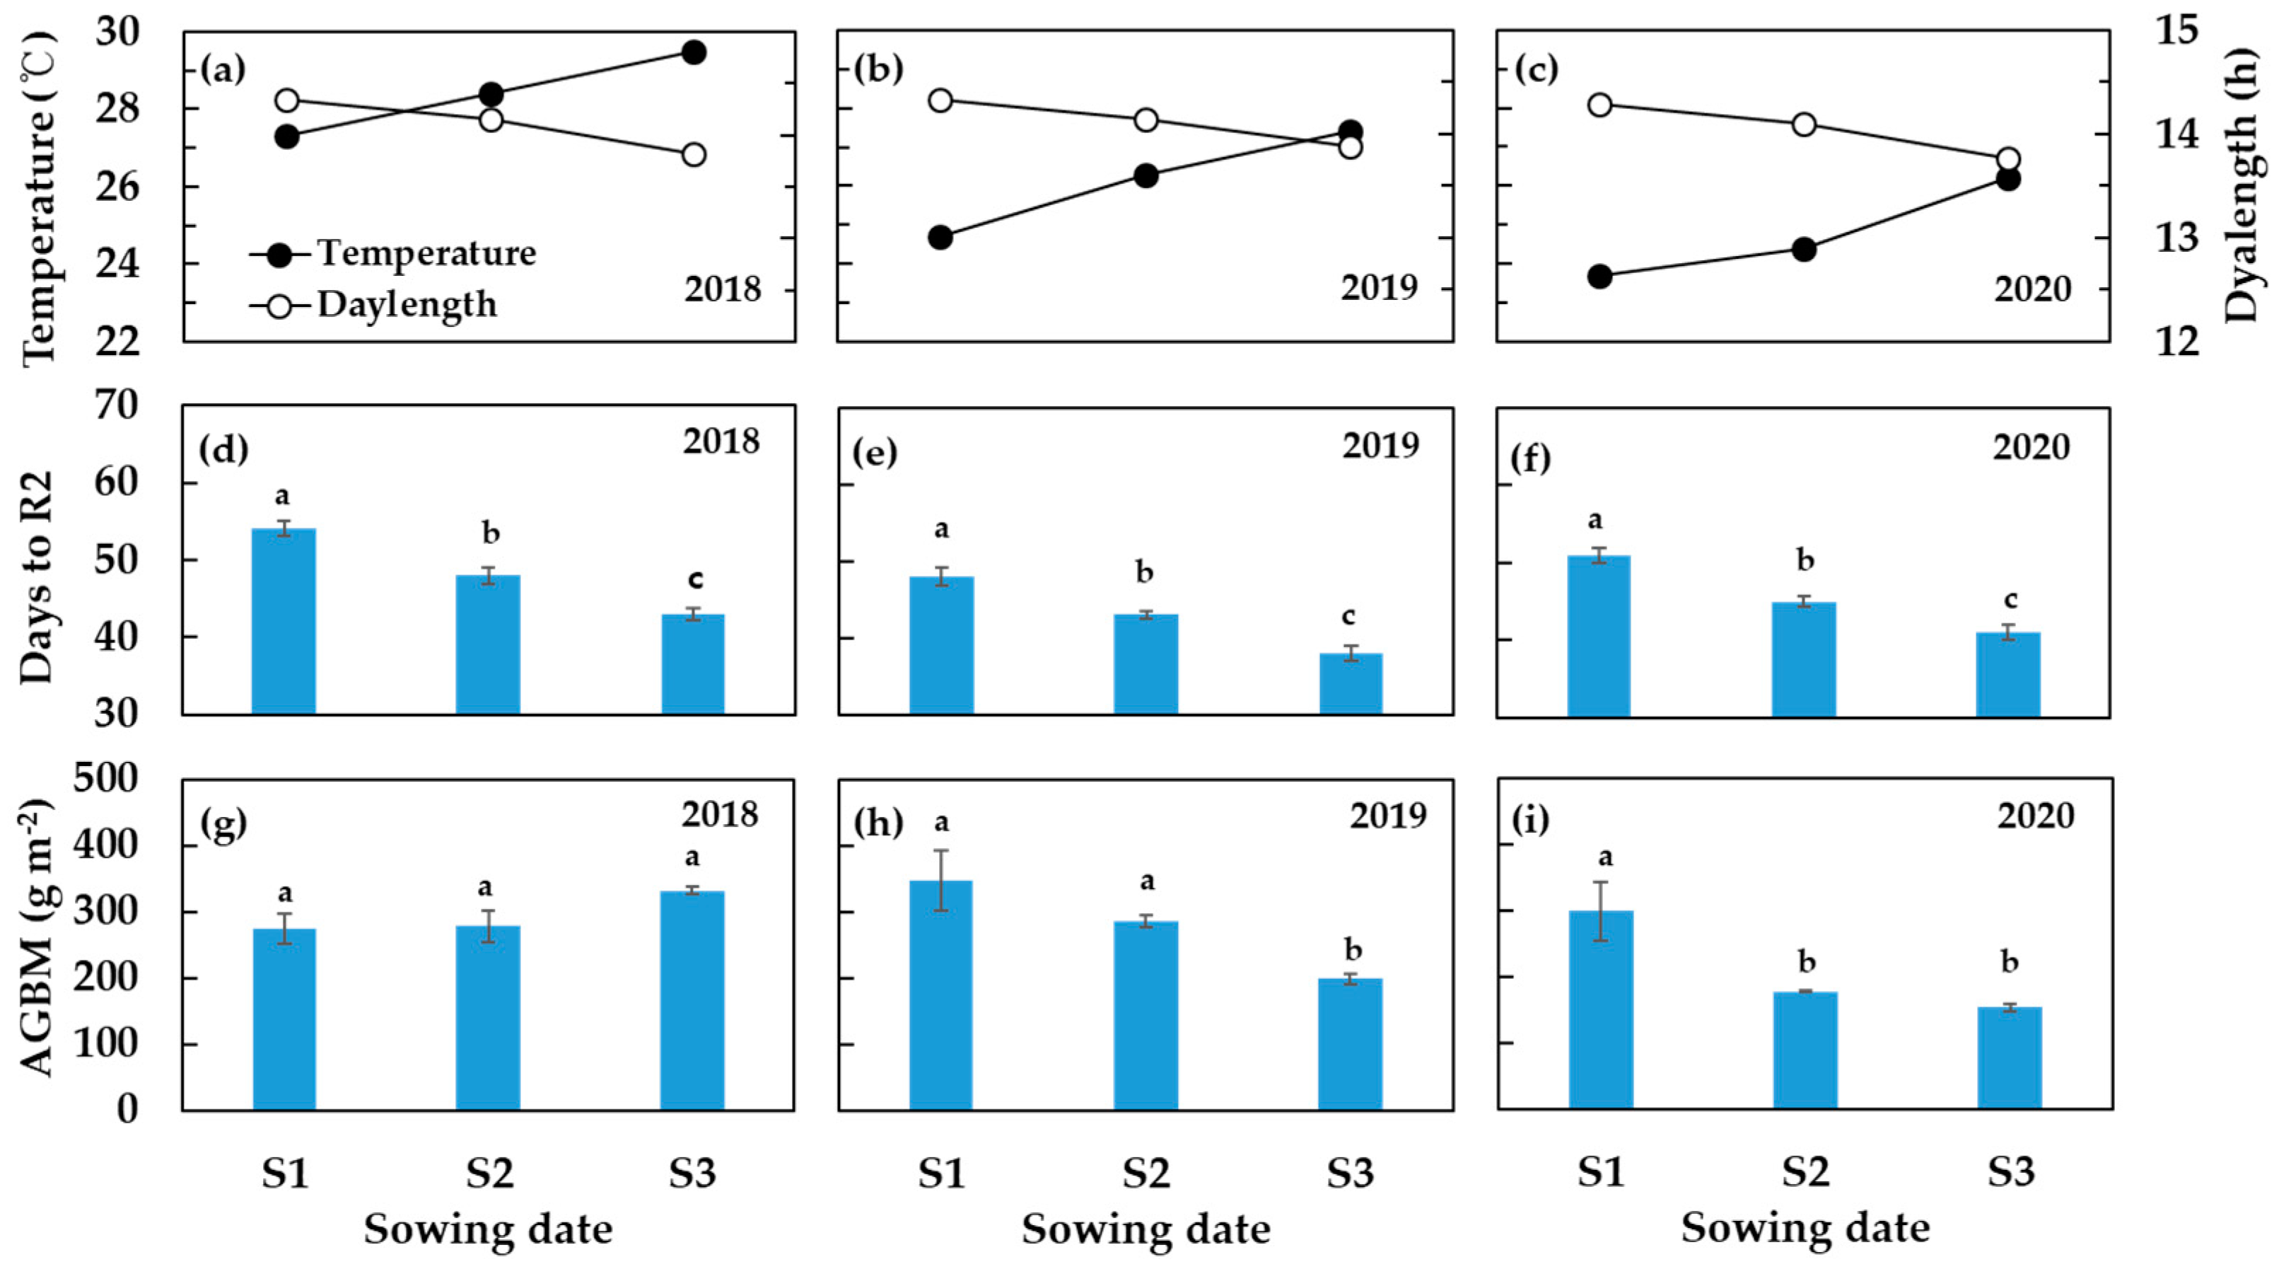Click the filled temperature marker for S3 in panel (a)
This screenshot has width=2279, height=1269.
[x=694, y=52]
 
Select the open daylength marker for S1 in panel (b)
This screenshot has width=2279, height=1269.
[x=940, y=100]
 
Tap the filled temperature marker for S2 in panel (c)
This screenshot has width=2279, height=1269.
[x=1804, y=250]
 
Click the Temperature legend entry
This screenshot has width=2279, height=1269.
[x=426, y=254]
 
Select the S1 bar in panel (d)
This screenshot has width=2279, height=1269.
[x=284, y=620]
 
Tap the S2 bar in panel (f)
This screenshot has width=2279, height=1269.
[x=1804, y=659]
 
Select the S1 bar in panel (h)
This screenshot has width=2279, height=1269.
[x=940, y=995]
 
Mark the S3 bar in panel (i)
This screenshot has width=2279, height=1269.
[x=2009, y=1057]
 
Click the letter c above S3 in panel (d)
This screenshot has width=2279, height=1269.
[x=695, y=579]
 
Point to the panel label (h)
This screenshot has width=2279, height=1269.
[x=878, y=823]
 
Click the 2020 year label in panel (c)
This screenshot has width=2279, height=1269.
[x=2032, y=289]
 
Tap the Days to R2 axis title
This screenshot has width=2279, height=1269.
[x=37, y=577]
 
